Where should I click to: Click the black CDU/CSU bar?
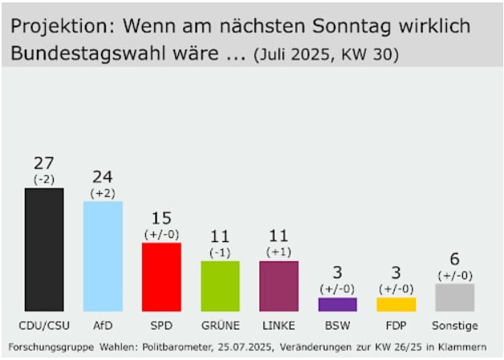coord(44,249)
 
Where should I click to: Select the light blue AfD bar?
coord(103,256)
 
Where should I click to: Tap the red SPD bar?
coord(161,277)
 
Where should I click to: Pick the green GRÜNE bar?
coord(220,285)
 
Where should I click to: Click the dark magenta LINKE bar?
coord(278,285)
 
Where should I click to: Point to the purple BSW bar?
coord(337,304)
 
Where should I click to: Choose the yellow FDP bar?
coord(396,304)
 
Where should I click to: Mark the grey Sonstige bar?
coord(454,297)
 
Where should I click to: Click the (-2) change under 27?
coord(44,180)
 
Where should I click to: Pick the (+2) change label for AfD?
coord(103,193)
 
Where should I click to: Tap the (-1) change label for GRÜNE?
coord(220,253)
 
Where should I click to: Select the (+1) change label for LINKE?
coord(278,253)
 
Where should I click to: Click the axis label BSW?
coord(337,326)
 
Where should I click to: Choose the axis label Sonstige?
coord(454,326)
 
